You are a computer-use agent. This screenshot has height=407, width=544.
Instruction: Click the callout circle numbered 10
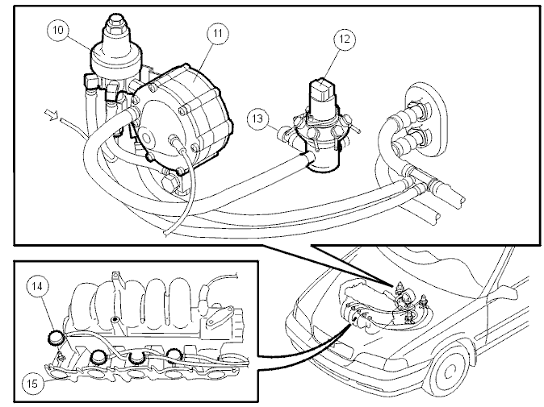58,30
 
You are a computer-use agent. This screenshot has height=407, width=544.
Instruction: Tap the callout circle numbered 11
218,33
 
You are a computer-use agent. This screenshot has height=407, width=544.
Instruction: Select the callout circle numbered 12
345,39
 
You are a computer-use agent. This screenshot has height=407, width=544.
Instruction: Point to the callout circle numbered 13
258,119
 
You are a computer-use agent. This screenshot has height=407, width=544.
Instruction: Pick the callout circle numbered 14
37,286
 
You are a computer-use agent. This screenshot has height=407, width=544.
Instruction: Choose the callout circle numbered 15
32,384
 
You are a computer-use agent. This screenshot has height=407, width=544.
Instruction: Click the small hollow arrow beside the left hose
51,114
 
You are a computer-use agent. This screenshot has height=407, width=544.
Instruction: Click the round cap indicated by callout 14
56,338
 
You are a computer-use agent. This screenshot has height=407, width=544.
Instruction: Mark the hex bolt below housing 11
171,184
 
